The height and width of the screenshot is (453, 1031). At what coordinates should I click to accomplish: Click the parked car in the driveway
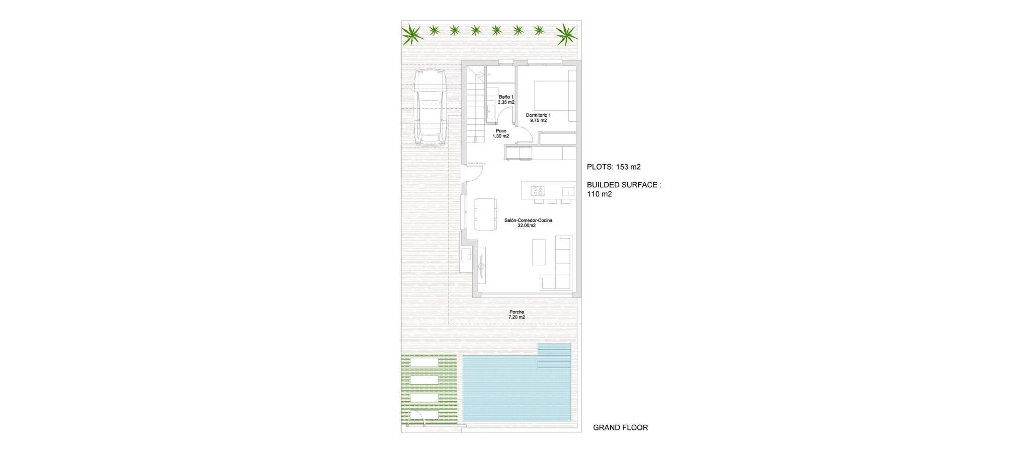[x=430, y=107]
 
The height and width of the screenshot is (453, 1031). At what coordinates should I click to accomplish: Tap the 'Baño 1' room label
[x=506, y=97]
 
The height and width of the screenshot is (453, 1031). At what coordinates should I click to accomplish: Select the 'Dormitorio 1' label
[x=538, y=115]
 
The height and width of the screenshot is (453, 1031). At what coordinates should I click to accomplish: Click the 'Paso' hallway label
[x=501, y=131]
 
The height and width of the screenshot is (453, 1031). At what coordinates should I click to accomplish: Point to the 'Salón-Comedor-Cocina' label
[x=528, y=220]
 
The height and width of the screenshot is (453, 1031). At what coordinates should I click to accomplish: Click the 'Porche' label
[x=517, y=312]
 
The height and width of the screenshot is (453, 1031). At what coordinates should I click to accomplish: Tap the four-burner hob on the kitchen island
[x=538, y=191]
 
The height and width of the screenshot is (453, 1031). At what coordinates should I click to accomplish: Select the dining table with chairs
[x=485, y=214]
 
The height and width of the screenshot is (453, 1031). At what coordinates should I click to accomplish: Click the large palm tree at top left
[x=412, y=34]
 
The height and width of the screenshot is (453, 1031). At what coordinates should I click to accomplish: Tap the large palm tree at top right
[x=566, y=34]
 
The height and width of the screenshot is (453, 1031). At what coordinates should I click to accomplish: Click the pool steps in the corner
[x=554, y=355]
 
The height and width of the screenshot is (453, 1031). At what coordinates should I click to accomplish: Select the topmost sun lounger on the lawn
[x=425, y=362]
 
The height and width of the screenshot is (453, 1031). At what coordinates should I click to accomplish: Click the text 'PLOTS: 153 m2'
[x=614, y=167]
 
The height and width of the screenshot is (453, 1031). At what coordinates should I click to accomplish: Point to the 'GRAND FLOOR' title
[x=620, y=428]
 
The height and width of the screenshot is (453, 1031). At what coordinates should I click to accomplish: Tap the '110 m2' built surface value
[x=600, y=194]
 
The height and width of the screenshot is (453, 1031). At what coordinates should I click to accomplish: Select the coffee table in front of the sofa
[x=539, y=252]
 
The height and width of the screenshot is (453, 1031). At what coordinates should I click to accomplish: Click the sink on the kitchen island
[x=568, y=191]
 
